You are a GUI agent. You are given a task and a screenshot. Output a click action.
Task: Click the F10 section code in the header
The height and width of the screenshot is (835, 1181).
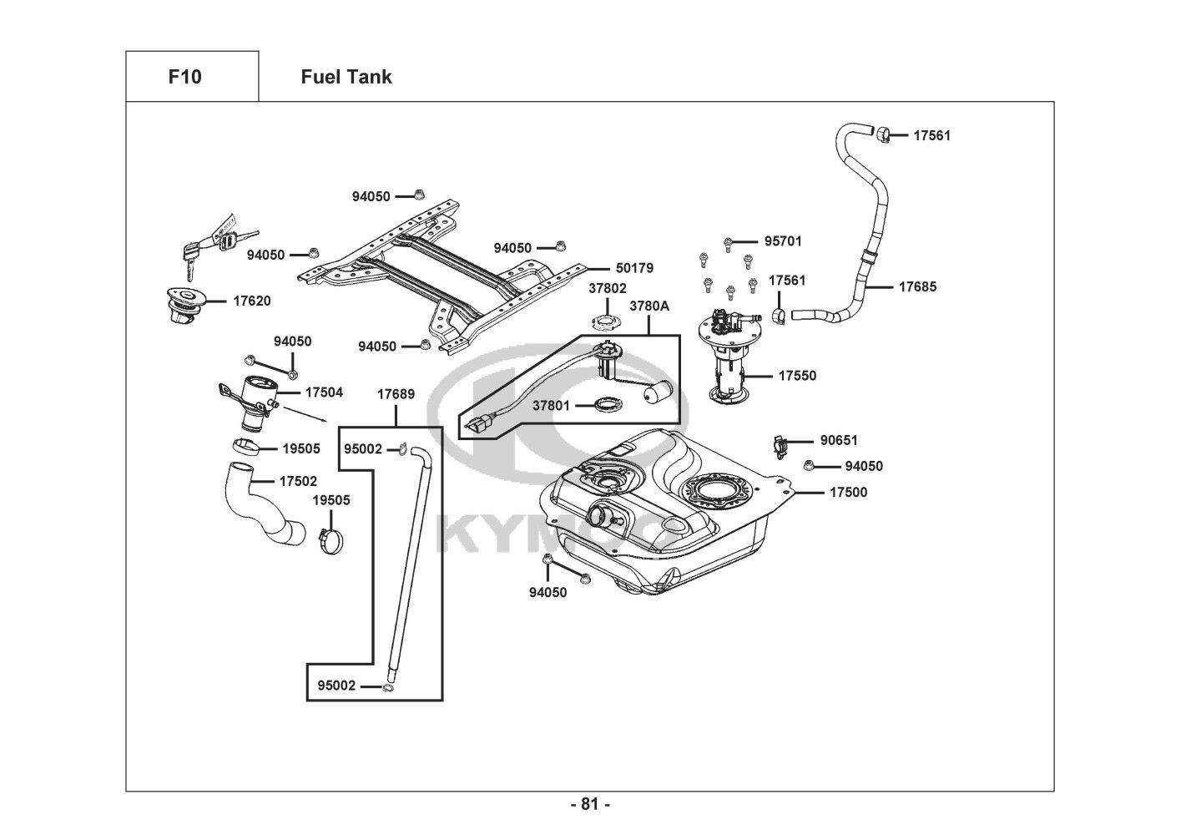184,77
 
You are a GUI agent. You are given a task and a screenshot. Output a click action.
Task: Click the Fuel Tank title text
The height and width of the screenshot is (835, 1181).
346,77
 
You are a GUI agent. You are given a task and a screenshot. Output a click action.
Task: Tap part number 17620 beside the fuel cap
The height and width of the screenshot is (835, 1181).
251,301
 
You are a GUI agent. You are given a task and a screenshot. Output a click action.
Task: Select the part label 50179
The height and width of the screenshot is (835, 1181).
634,268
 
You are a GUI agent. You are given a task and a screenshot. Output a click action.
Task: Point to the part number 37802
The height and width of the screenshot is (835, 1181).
607,288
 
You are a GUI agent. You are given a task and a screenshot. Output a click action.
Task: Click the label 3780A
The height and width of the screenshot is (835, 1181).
649,306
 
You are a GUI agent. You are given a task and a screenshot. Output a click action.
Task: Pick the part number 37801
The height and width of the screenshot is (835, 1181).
552,406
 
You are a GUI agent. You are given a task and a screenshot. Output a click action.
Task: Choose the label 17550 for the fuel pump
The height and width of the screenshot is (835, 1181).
797,376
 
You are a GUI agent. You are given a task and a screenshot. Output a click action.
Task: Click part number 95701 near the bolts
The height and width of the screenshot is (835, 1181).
783,241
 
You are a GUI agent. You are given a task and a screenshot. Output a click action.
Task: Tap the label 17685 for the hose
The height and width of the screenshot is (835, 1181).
917,286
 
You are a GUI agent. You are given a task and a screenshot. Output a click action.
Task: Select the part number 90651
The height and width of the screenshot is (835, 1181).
839,440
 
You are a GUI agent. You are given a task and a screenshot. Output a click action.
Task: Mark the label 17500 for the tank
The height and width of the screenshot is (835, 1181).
848,492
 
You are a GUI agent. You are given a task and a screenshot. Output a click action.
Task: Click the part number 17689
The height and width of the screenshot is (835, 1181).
396,393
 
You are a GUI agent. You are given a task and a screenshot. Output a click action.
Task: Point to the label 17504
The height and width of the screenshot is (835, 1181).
324,392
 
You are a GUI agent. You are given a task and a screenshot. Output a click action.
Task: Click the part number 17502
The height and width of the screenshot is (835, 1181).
298,481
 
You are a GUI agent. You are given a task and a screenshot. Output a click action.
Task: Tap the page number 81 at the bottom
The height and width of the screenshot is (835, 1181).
590,805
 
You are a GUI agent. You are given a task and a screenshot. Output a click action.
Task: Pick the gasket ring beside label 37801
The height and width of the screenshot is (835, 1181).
607,406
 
